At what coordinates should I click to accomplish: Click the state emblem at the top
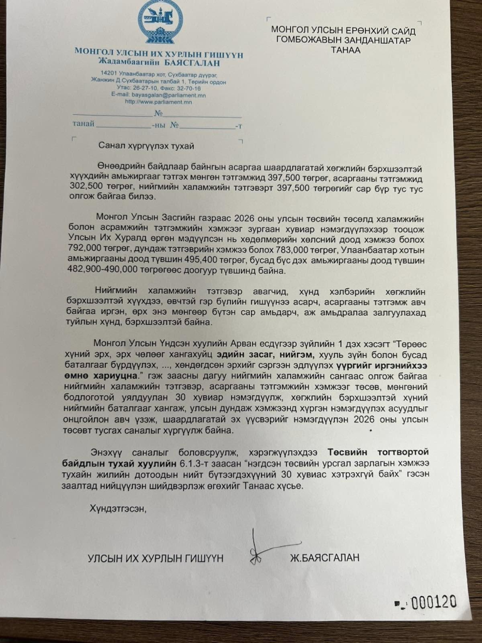pyautogui.click(x=161, y=23)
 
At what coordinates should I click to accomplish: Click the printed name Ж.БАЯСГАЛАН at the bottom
pyautogui.click(x=324, y=558)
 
